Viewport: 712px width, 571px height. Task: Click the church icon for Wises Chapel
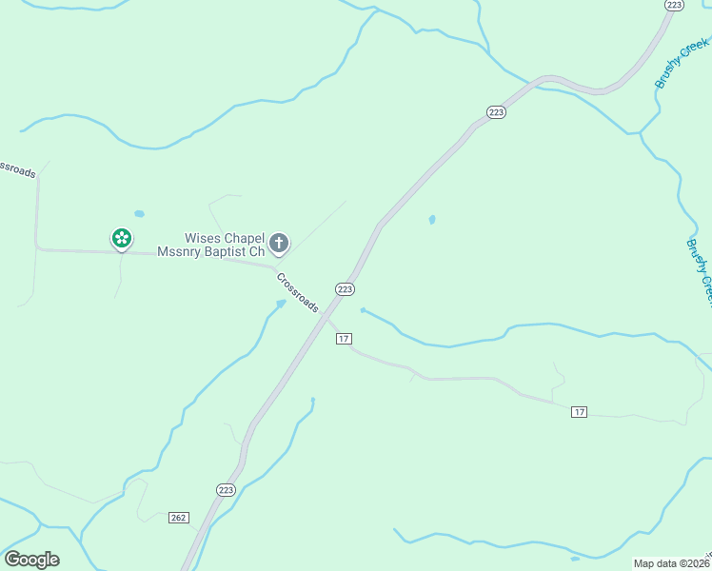pos(279,243)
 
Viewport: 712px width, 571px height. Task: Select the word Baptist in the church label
pos(227,252)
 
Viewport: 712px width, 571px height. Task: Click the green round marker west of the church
pos(122,238)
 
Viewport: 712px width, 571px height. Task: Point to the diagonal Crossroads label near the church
pos(298,292)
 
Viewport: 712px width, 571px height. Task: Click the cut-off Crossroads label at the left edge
pos(17,168)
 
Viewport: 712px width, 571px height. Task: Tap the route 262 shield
pos(178,517)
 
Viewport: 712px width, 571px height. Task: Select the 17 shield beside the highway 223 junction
pos(345,339)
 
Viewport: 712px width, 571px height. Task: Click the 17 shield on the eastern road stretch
pos(579,411)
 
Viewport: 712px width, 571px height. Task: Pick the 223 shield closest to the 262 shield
pos(226,489)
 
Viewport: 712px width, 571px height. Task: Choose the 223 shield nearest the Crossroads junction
pos(345,289)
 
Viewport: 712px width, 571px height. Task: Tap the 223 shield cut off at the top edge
pos(674,5)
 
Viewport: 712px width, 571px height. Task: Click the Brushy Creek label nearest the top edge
pos(682,64)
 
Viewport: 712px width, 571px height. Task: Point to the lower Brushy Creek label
pos(700,271)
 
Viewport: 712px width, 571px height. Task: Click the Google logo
pos(31,560)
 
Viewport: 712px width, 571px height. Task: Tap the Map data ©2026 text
pos(670,563)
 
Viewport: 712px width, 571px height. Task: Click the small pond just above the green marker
pos(140,214)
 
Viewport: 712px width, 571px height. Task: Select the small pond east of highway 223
pos(432,220)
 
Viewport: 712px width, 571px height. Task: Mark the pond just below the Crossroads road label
pos(280,305)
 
